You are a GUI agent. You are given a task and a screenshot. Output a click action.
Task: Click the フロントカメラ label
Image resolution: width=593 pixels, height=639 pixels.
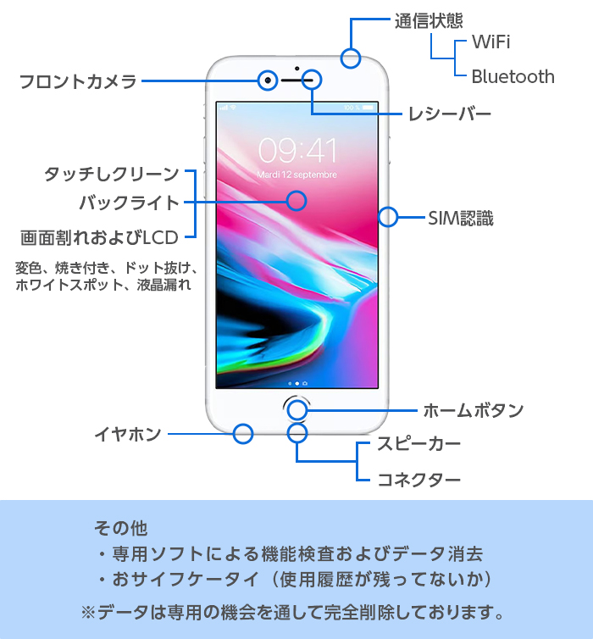pyautogui.click(x=78, y=81)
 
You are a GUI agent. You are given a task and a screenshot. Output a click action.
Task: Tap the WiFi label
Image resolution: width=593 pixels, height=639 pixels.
pyautogui.click(x=490, y=42)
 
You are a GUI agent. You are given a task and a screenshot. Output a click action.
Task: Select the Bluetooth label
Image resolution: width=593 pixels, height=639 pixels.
pyautogui.click(x=513, y=76)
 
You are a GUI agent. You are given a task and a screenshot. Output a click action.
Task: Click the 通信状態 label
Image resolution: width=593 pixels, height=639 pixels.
pyautogui.click(x=429, y=21)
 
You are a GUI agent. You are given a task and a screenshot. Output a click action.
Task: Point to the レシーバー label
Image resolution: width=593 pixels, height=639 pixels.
pyautogui.click(x=450, y=114)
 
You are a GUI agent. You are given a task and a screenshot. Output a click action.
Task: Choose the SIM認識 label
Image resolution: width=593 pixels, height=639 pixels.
pyautogui.click(x=461, y=218)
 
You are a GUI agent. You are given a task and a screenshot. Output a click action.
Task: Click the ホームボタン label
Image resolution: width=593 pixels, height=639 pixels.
pyautogui.click(x=474, y=410)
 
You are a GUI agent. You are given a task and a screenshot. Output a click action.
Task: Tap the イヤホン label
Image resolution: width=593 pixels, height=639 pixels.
pyautogui.click(x=128, y=434)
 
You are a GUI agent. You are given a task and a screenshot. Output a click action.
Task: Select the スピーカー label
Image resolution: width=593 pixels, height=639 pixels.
pyautogui.click(x=418, y=443)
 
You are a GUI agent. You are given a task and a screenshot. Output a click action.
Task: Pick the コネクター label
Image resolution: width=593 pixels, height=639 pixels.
pyautogui.click(x=418, y=480)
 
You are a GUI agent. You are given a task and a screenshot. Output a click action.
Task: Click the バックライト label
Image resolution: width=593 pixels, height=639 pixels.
pyautogui.click(x=129, y=203)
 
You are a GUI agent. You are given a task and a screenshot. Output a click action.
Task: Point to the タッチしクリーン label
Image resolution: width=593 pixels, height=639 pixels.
pyautogui.click(x=112, y=174)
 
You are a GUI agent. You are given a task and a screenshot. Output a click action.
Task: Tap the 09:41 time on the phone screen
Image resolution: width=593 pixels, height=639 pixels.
pyautogui.click(x=297, y=150)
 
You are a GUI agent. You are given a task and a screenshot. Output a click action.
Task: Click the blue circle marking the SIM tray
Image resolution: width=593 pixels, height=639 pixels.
pyautogui.click(x=388, y=217)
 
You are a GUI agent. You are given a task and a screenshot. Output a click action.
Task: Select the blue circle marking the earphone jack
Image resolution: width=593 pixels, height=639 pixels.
pyautogui.click(x=243, y=434)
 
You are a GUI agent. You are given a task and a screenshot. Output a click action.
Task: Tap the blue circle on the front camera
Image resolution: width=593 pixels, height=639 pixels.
pyautogui.click(x=268, y=81)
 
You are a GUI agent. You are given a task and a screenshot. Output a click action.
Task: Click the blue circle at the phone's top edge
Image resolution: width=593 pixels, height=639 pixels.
pyautogui.click(x=351, y=58)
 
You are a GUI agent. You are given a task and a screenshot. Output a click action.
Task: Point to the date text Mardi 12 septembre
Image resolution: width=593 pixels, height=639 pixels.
pyautogui.click(x=296, y=175)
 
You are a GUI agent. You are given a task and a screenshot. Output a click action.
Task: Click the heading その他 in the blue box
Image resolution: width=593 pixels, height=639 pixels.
pyautogui.click(x=120, y=528)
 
